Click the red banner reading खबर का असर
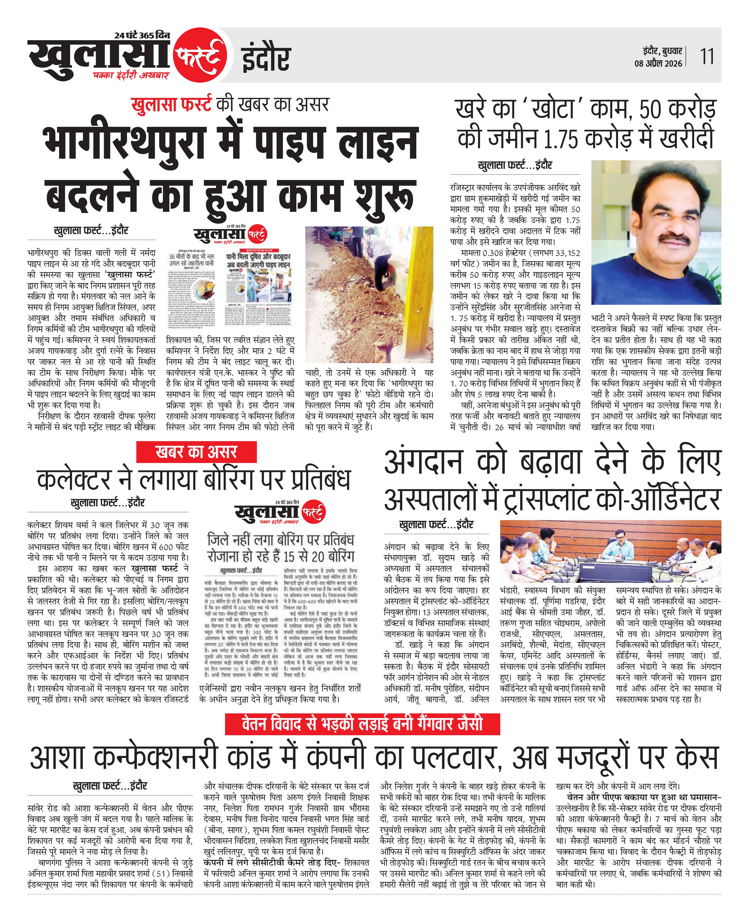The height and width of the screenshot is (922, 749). click(x=196, y=452)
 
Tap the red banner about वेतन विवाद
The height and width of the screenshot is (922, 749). click(x=362, y=724)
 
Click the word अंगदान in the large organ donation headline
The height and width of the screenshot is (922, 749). click(x=423, y=462)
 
